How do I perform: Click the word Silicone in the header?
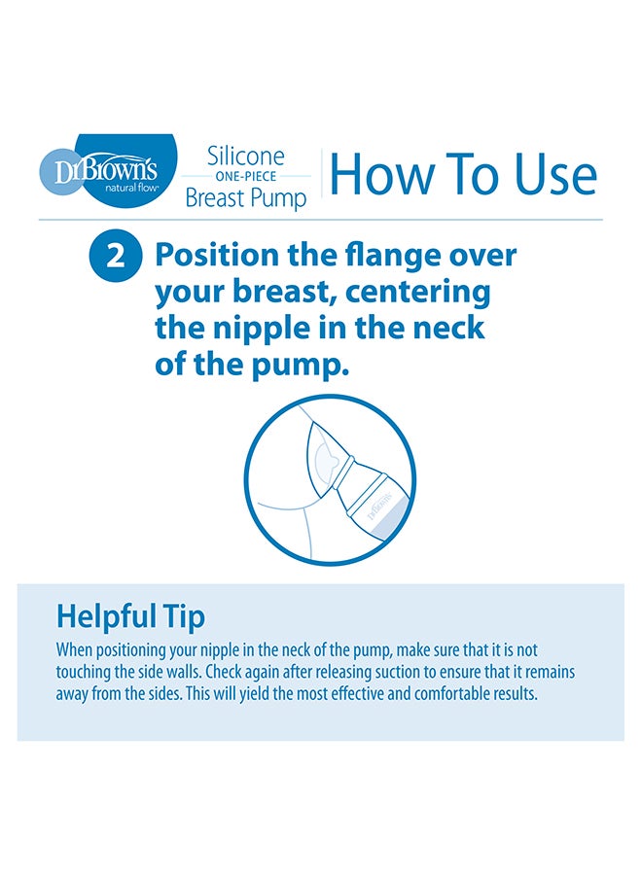click(x=246, y=157)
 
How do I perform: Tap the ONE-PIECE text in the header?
click(x=246, y=176)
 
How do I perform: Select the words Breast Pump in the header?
click(x=246, y=198)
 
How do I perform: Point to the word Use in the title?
click(x=554, y=174)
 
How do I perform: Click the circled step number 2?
click(x=116, y=257)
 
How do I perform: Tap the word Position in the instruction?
click(x=217, y=256)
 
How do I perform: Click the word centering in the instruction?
click(x=418, y=292)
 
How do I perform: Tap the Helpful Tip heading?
click(x=130, y=617)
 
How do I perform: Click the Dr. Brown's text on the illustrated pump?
click(x=380, y=504)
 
